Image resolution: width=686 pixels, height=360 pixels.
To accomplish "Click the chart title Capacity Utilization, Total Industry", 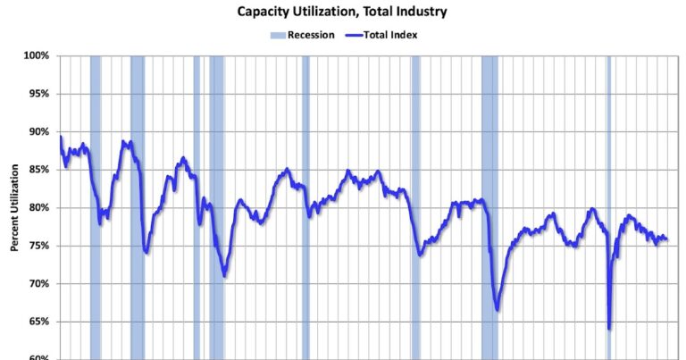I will tap(342, 13).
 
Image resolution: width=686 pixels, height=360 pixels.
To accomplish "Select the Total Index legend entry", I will tap(389, 36).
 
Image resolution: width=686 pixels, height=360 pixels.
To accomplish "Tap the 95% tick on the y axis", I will tap(38, 94).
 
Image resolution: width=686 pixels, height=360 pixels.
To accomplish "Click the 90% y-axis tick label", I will tap(38, 132).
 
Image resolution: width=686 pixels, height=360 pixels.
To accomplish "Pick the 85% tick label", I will tap(38, 170).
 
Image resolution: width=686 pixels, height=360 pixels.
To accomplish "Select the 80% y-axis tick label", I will tap(38, 208).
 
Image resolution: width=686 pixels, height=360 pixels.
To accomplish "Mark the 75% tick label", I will tap(38, 246).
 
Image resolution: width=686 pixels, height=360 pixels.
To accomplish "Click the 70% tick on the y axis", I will tap(38, 284).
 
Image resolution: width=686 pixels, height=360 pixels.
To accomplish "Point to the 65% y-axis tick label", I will tap(38, 322).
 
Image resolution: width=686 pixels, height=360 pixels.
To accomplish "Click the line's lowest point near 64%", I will tap(609, 329).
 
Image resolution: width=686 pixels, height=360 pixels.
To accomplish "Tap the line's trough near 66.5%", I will tap(498, 310).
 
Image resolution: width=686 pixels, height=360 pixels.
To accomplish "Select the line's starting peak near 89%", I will tap(61, 137).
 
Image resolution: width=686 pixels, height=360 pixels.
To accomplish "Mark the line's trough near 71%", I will tap(224, 276).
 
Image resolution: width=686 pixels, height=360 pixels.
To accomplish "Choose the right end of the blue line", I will tap(667, 239).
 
